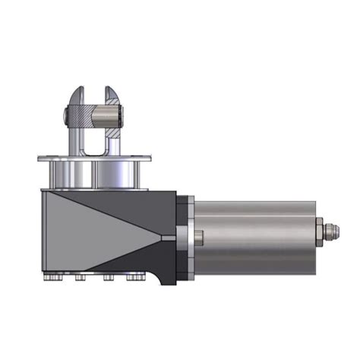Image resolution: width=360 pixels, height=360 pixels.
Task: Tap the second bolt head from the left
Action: (x=80, y=279)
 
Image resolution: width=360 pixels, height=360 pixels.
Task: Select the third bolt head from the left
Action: (x=109, y=279)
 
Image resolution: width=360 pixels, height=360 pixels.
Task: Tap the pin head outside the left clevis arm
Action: (x=67, y=117)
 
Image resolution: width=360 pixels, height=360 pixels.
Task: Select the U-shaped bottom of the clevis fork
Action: (x=94, y=151)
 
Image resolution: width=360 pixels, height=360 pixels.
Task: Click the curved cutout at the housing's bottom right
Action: (x=162, y=281)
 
